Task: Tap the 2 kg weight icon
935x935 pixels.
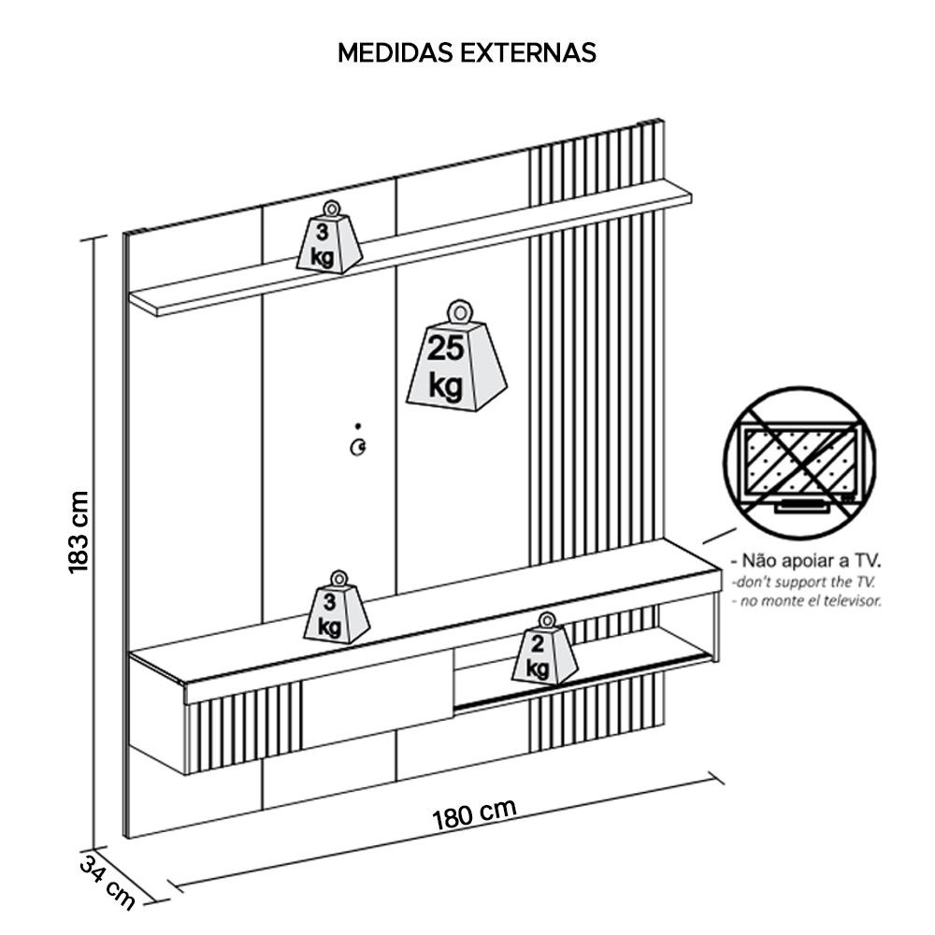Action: (x=544, y=652)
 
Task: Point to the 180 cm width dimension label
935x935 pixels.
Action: (x=474, y=814)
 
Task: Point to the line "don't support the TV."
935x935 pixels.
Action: (x=806, y=581)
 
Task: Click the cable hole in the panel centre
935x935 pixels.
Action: (x=357, y=448)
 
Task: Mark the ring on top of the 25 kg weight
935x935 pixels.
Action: (x=458, y=311)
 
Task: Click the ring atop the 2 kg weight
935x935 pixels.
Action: (x=546, y=619)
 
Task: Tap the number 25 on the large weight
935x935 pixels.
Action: (x=445, y=349)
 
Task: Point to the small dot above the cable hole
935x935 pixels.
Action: (x=357, y=426)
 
